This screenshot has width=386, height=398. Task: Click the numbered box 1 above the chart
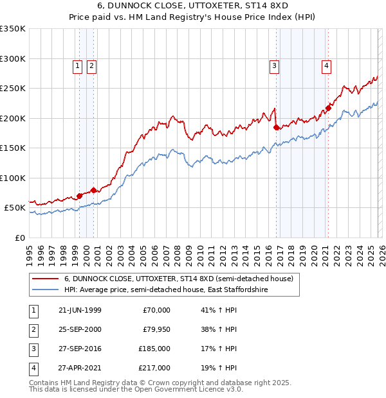tap(77, 65)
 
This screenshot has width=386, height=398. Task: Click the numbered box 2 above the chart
tap(91, 65)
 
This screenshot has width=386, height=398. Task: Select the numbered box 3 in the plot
tap(275, 65)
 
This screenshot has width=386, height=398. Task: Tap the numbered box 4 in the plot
tap(327, 65)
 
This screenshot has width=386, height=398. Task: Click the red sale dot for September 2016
tap(277, 128)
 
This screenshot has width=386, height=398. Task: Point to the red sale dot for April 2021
tap(328, 108)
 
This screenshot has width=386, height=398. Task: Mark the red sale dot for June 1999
tap(80, 196)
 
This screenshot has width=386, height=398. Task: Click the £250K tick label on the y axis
tap(13, 89)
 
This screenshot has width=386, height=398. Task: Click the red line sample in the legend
tap(46, 279)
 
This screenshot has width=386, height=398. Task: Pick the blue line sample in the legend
tap(46, 290)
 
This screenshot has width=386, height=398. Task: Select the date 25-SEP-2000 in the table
tap(79, 329)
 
